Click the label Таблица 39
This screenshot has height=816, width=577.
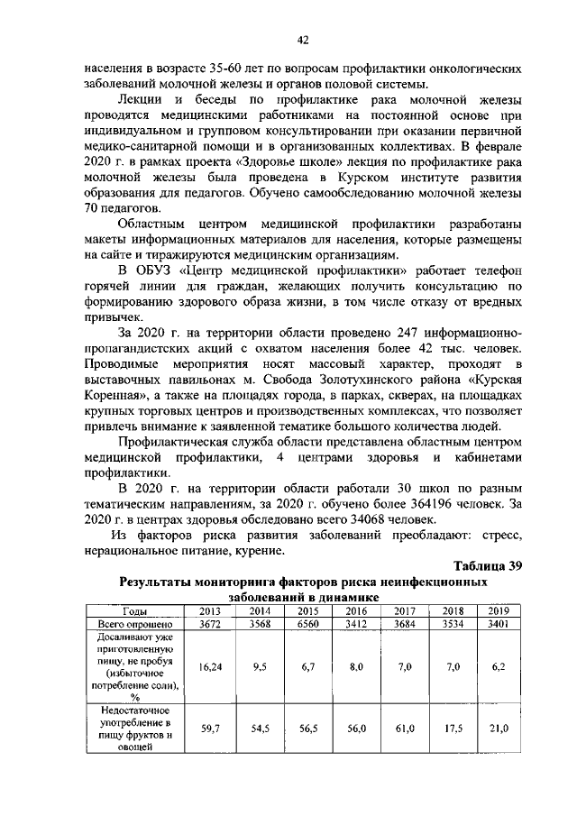pyautogui.click(x=488, y=565)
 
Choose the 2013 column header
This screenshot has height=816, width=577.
pyautogui.click(x=209, y=611)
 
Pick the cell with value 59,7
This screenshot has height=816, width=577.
pyautogui.click(x=209, y=728)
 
